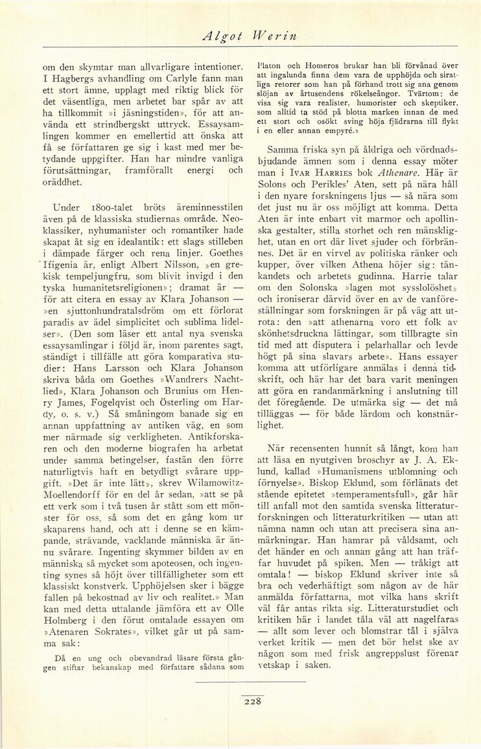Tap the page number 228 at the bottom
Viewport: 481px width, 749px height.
coord(252,701)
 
